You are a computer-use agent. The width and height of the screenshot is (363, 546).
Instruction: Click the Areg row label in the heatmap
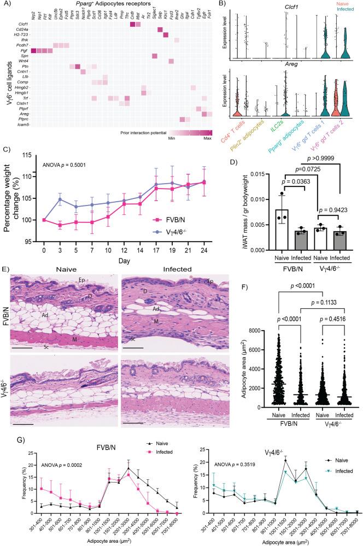tap(24, 113)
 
